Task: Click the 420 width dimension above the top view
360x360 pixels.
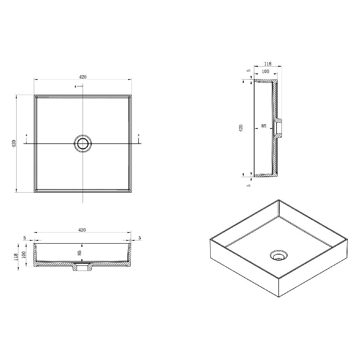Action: (x=82, y=77)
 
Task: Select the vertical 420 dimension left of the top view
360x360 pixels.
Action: (x=14, y=144)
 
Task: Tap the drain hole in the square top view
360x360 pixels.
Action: (x=83, y=144)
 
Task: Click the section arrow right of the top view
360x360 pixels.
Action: (x=139, y=138)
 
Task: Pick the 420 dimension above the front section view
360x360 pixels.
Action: (x=82, y=230)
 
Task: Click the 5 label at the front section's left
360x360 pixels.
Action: (x=24, y=238)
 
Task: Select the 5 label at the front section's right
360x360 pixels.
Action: (x=139, y=238)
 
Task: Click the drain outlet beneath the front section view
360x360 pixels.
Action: (x=83, y=267)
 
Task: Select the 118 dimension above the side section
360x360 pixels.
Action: (x=267, y=64)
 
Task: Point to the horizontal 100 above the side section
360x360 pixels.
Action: (x=265, y=72)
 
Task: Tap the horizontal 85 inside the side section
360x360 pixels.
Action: (x=264, y=126)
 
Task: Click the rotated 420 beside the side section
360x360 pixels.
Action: (x=241, y=128)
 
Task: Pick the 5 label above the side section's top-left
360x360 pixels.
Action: (x=248, y=71)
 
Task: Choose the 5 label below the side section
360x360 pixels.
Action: (x=248, y=185)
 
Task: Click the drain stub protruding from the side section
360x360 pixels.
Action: (x=279, y=128)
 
